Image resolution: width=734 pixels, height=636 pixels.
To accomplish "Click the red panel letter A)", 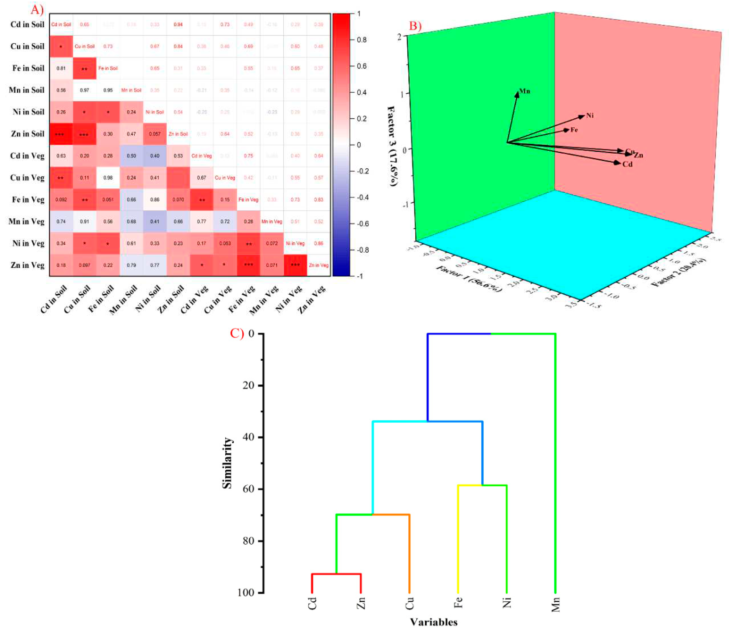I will (37, 10).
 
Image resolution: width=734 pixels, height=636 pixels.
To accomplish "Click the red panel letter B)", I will (415, 26).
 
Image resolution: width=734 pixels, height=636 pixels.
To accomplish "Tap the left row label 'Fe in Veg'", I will (28, 200).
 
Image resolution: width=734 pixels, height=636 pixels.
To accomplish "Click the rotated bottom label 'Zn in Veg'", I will (312, 300).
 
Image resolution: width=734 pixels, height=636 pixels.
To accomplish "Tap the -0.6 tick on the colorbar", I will (362, 224).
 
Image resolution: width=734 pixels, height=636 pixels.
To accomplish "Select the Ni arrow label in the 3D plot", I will (590, 116).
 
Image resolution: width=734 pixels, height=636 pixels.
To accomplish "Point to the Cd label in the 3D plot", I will (627, 164).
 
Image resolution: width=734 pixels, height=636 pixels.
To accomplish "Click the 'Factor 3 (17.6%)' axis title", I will (392, 145).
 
